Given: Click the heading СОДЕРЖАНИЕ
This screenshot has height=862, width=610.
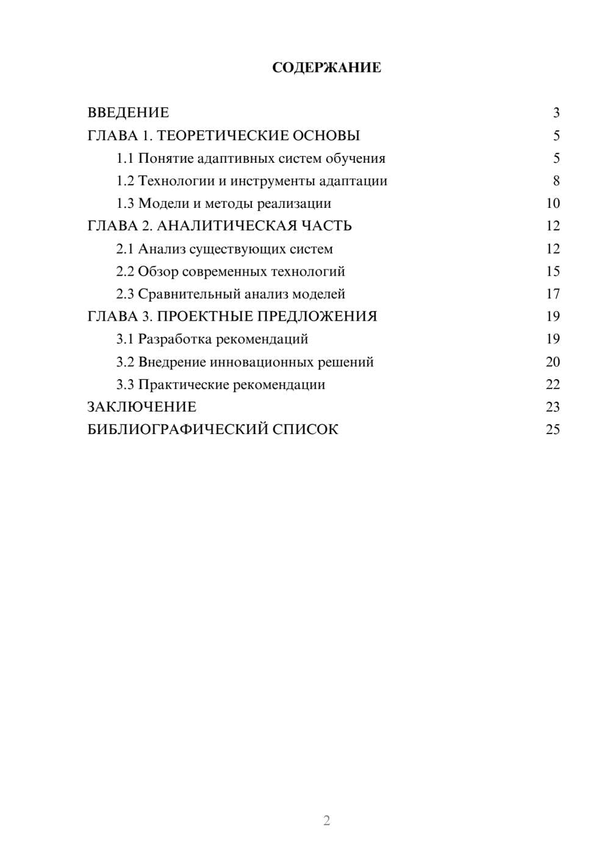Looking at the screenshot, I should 326,68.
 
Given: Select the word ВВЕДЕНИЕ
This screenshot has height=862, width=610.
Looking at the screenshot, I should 128,113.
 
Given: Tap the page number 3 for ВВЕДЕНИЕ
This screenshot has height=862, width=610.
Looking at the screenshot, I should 556,113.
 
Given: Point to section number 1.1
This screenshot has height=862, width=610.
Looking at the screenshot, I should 125,159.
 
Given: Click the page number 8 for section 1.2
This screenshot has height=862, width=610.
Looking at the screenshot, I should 556,181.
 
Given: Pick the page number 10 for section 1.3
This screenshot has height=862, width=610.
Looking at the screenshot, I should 553,204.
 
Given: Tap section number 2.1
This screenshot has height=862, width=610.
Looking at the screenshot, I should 125,249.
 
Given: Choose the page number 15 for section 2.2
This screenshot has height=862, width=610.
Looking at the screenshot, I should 553,271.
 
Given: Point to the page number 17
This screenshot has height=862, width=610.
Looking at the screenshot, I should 553,294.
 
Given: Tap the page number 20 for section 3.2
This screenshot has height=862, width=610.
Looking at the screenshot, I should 553,362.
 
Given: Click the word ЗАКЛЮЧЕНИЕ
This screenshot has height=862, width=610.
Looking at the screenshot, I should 142,407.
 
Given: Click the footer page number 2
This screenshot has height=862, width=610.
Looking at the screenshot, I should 326,821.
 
